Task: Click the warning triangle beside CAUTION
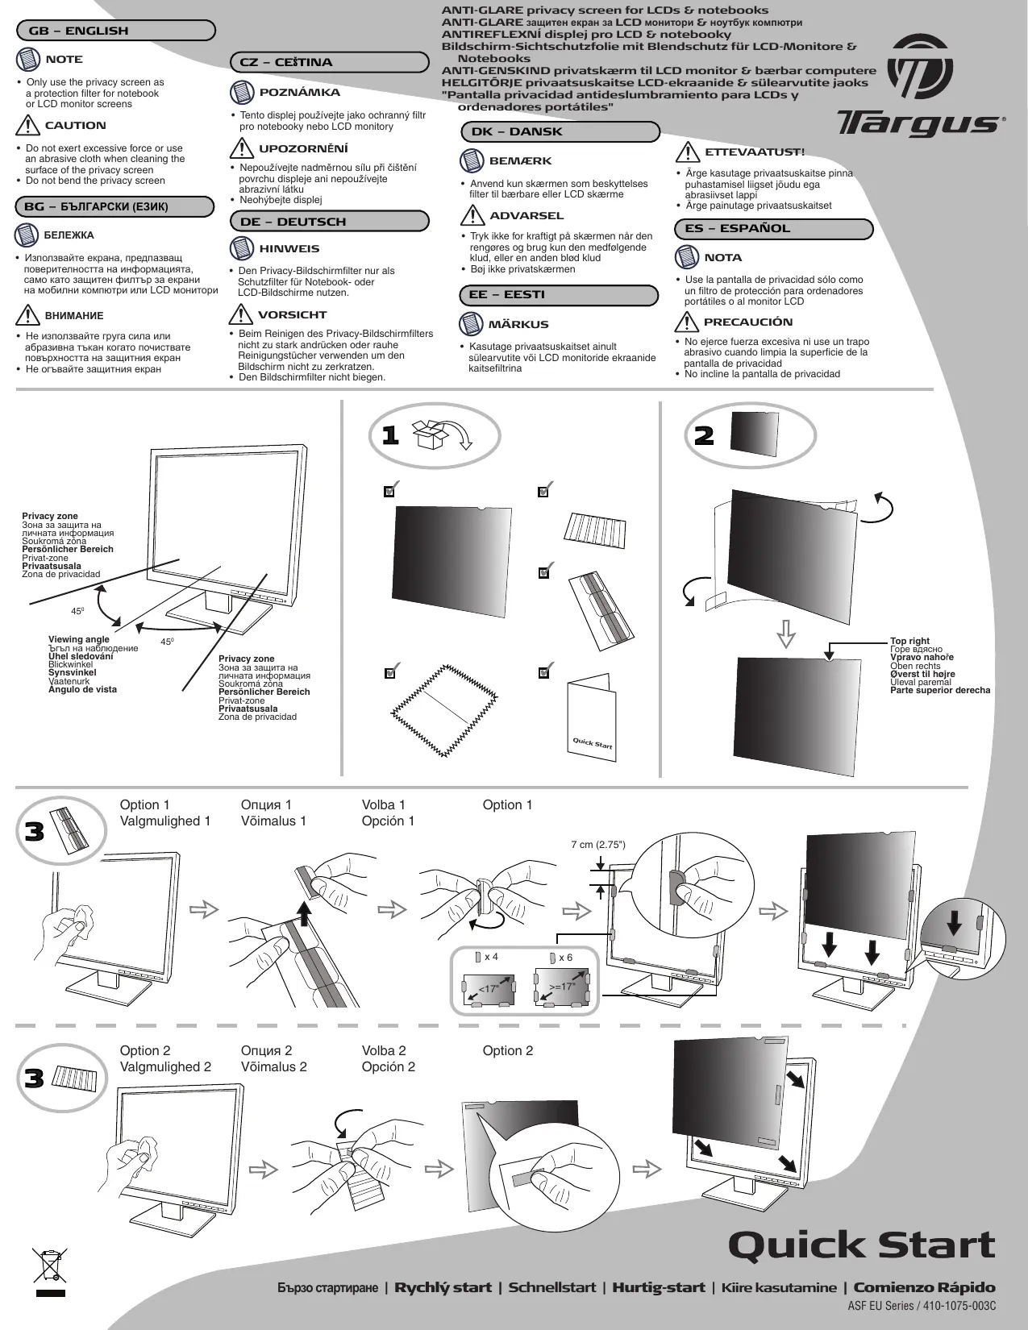[x=27, y=126]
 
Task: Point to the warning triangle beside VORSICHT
[x=241, y=314]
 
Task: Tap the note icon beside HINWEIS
[x=242, y=248]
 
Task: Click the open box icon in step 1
[x=428, y=434]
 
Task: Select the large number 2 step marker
[x=704, y=436]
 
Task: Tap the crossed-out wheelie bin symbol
[x=49, y=1266]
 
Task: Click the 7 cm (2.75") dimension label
[x=598, y=845]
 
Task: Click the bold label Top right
[x=909, y=642]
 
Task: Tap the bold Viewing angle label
[x=79, y=639]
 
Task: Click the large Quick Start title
[x=861, y=1245]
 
